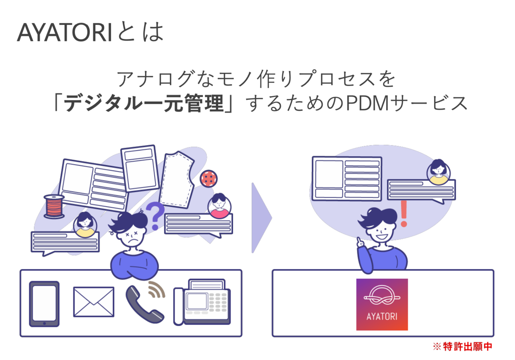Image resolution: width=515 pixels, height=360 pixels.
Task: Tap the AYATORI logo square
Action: (382, 304)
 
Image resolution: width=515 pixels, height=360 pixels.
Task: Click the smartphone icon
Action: (44, 304)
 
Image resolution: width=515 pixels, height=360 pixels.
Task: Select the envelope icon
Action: (93, 302)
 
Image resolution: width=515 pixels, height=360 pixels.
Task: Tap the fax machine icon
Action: (202, 303)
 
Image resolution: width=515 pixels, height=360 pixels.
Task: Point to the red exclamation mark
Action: (404, 213)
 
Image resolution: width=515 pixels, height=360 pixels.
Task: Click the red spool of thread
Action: (54, 206)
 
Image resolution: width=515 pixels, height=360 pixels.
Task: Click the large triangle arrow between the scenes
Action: (261, 218)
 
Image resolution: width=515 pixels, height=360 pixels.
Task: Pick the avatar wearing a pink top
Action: (219, 205)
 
